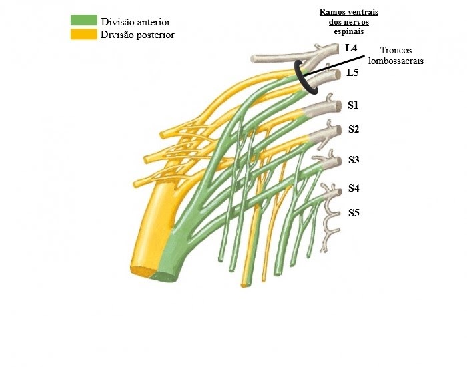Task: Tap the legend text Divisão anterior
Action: tap(135, 22)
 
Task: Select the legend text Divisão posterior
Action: tap(137, 35)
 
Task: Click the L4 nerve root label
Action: tap(351, 48)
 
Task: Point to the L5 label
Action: tap(353, 73)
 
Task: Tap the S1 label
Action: tap(353, 105)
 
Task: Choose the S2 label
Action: tap(354, 129)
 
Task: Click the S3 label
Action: tap(354, 160)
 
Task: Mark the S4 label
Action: tap(354, 188)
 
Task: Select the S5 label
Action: tap(354, 214)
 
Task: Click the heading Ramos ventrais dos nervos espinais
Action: tap(344, 22)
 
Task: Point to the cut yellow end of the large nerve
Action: tap(141, 270)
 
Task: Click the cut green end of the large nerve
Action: tap(164, 276)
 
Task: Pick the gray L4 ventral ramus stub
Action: tap(280, 58)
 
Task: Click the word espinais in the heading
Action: tap(344, 31)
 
